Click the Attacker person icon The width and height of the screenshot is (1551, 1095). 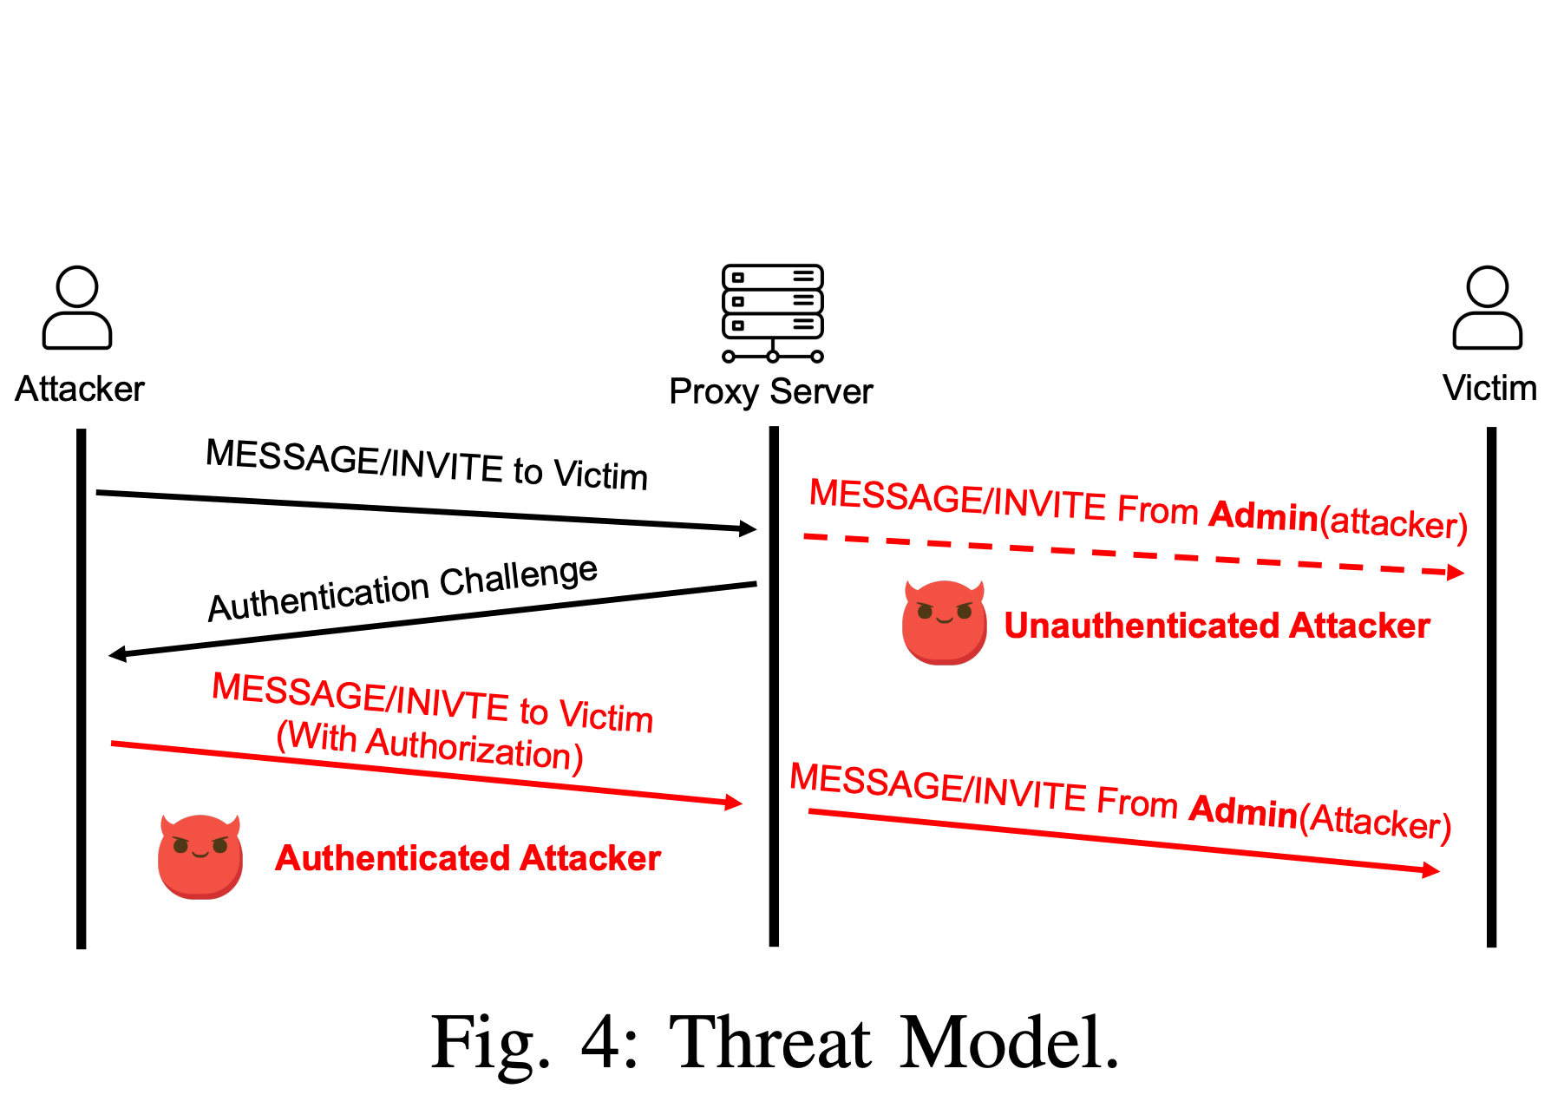tap(77, 308)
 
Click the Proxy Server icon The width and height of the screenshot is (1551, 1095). tap(772, 312)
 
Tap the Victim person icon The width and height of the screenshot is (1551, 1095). tap(1488, 308)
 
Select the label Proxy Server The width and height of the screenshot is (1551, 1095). tap(770, 391)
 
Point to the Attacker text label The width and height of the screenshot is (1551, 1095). tap(80, 389)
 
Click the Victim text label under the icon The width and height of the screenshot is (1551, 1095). tap(1489, 388)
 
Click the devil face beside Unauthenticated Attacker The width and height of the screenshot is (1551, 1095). tap(944, 622)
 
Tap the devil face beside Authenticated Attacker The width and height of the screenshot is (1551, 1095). tap(200, 856)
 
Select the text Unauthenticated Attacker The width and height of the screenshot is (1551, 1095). tap(1216, 626)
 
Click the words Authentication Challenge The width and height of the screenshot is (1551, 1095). tap(402, 589)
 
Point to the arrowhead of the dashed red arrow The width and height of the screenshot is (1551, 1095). tap(1456, 572)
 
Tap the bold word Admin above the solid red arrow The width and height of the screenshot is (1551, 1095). tap(1243, 810)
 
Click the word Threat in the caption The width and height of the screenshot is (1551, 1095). tap(770, 1042)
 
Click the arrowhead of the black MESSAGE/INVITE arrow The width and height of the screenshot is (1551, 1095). tap(748, 528)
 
